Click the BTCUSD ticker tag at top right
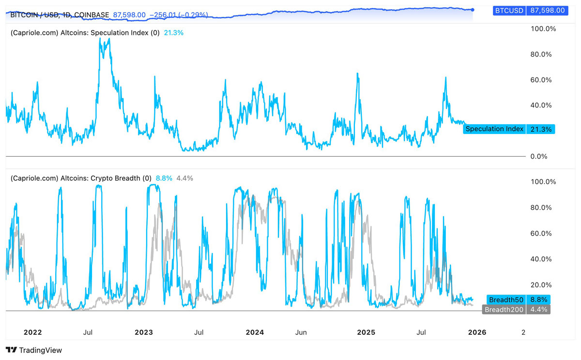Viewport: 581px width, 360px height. click(509, 10)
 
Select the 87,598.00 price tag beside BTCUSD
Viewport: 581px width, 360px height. click(548, 10)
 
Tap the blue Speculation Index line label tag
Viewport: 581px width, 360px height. click(494, 129)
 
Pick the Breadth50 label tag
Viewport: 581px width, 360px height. click(506, 300)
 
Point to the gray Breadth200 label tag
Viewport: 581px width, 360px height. click(504, 310)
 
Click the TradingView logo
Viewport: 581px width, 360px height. click(34, 350)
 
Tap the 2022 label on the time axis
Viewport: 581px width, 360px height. click(32, 332)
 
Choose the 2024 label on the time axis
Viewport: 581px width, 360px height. click(255, 332)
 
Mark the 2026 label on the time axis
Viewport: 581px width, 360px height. click(477, 332)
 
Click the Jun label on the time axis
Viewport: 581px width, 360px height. click(301, 332)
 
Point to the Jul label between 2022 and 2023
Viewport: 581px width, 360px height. click(88, 332)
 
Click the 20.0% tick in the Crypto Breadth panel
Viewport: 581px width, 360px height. click(541, 285)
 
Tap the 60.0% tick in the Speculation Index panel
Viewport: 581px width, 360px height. click(541, 80)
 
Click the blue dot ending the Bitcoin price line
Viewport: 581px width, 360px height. click(473, 10)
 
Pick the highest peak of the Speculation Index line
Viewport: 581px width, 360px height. click(101, 38)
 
